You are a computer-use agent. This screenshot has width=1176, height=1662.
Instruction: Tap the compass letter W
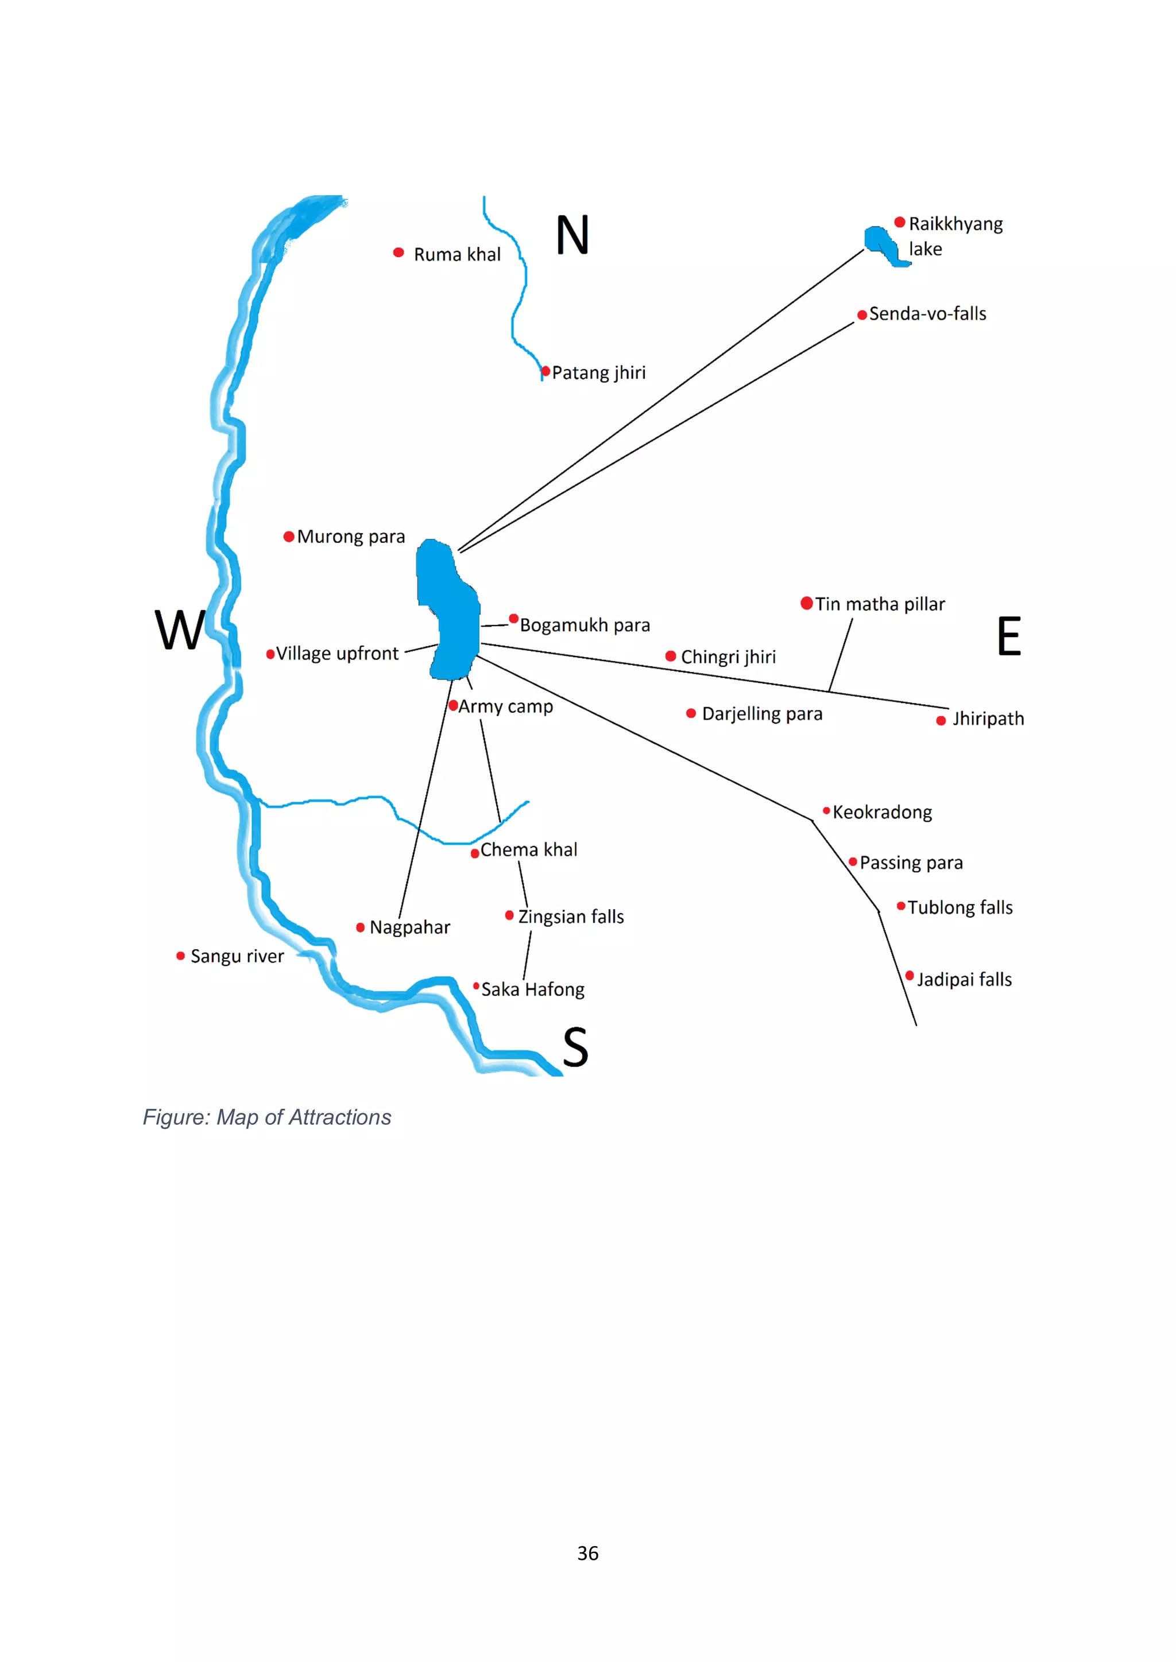pos(180,630)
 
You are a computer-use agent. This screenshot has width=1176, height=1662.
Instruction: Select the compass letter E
pos(1009,636)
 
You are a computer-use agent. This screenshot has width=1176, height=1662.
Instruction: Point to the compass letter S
pos(576,1047)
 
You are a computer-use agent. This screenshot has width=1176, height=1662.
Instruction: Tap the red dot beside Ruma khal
pos(399,253)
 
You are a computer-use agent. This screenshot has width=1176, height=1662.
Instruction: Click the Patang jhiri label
pos(598,373)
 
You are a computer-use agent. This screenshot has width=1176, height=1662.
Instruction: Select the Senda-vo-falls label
pos(927,314)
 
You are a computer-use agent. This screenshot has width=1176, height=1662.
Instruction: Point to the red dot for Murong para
pos(289,537)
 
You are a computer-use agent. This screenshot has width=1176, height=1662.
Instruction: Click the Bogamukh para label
pos(585,626)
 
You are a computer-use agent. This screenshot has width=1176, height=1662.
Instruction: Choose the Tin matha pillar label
pos(880,604)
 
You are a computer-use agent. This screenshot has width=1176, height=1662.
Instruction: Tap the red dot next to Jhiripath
pos(941,720)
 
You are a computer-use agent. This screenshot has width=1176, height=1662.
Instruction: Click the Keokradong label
pos(882,812)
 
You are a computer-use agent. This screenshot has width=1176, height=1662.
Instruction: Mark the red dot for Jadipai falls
pos(910,976)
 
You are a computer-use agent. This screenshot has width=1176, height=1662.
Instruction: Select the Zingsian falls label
pos(571,917)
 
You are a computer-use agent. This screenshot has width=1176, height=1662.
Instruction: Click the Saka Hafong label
pos(533,989)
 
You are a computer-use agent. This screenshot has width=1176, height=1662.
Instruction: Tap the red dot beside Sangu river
pos(180,956)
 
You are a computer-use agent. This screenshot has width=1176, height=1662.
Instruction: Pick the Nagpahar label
pos(410,927)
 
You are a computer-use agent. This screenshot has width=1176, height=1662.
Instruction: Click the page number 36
pos(588,1554)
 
